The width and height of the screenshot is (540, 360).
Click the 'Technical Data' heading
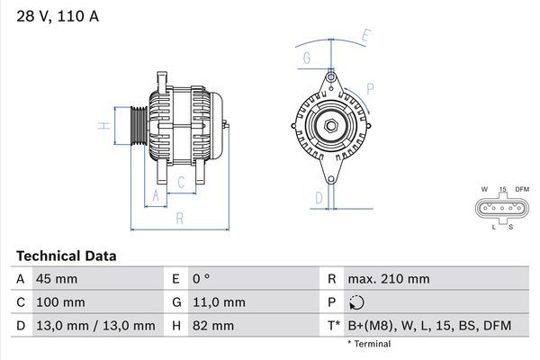pyautogui.click(x=67, y=256)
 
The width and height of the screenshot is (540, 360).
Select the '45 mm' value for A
pyautogui.click(x=56, y=279)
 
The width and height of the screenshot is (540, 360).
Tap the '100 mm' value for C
pyautogui.click(x=59, y=302)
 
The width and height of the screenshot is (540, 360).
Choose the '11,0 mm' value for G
pyautogui.click(x=220, y=302)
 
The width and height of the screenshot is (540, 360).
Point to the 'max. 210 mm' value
pyautogui.click(x=391, y=279)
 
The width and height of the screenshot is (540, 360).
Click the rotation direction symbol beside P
pyautogui.click(x=358, y=303)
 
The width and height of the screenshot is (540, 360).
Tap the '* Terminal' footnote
pyautogui.click(x=370, y=345)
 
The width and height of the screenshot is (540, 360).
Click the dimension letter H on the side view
pyautogui.click(x=105, y=125)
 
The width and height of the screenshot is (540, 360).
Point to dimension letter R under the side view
pyautogui.click(x=179, y=218)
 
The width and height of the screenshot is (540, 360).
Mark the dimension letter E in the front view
pyautogui.click(x=366, y=36)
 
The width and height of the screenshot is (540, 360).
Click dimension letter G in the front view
pyautogui.click(x=307, y=58)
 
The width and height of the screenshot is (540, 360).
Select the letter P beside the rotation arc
pyautogui.click(x=370, y=90)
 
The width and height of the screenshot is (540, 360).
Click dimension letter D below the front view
pyautogui.click(x=319, y=197)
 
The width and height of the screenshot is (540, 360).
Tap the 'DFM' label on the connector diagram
pyautogui.click(x=522, y=190)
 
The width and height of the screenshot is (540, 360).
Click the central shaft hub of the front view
pyautogui.click(x=330, y=125)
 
